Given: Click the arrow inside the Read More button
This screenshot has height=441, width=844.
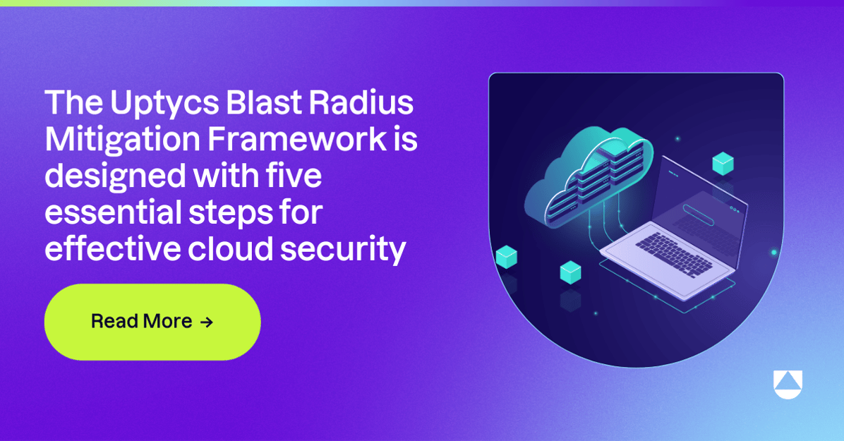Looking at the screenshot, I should [x=206, y=322].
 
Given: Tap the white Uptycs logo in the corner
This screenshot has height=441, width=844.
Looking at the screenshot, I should [x=788, y=385].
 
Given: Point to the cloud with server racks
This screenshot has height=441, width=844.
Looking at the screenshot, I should [x=589, y=173].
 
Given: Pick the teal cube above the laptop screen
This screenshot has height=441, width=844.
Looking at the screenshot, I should [x=723, y=164].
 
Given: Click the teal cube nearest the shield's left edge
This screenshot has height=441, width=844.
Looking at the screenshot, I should [x=506, y=257].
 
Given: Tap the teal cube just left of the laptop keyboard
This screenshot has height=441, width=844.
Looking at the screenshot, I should [x=570, y=272].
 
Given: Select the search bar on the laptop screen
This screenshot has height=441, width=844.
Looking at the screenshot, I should [x=698, y=215].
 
